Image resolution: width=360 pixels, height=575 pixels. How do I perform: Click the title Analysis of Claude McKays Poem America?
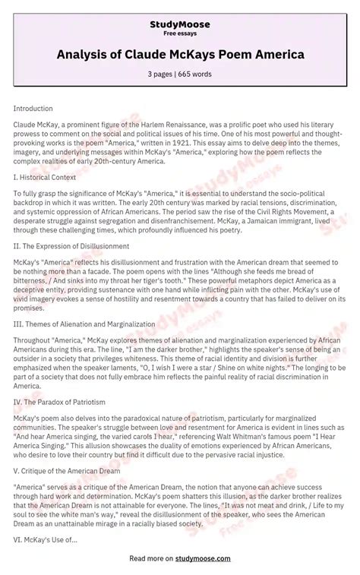click(x=180, y=54)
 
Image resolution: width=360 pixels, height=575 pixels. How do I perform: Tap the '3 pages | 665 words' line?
click(x=180, y=74)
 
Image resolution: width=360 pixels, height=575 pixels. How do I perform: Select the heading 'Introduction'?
click(x=33, y=109)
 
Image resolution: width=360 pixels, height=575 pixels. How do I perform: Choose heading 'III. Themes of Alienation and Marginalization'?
click(x=84, y=324)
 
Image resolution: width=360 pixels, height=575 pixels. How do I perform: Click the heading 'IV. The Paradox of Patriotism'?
click(x=59, y=401)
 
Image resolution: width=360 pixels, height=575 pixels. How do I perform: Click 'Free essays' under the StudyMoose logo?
click(x=180, y=33)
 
